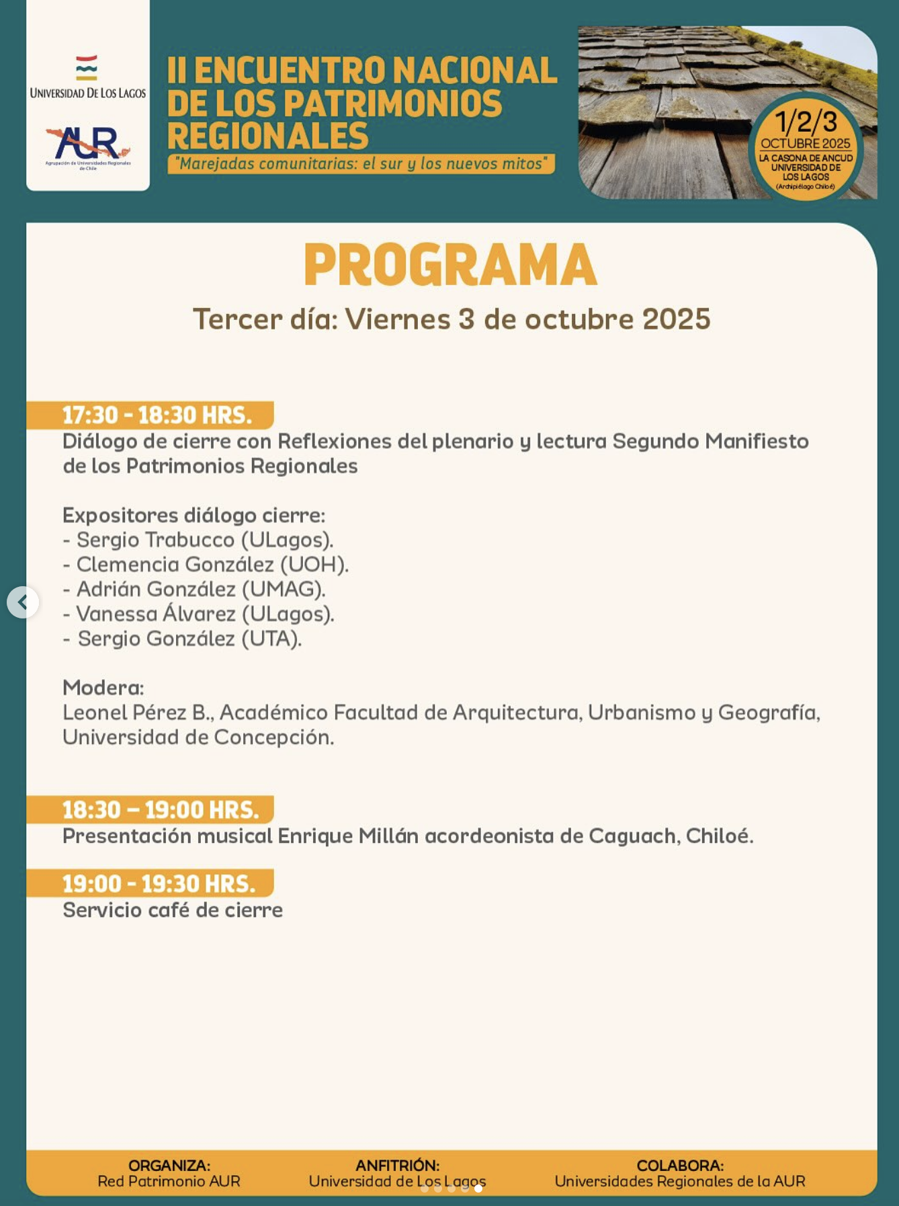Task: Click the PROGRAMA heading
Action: coord(450,266)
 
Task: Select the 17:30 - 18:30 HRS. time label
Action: coord(157,415)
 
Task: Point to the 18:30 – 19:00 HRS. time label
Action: coord(161,810)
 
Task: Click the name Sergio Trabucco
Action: coord(155,540)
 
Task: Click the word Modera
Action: coord(102,688)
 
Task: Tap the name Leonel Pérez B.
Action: coord(138,713)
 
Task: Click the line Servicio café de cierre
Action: coord(173,910)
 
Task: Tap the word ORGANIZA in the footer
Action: coord(168,1166)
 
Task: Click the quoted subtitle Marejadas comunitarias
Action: coord(361,164)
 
